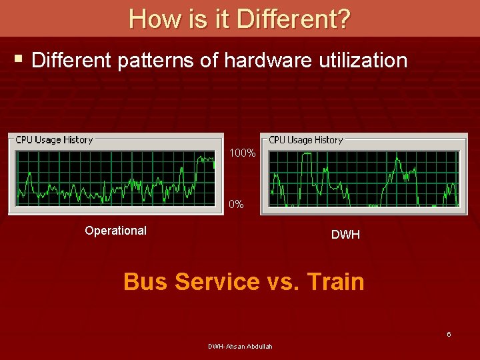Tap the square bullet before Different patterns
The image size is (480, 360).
click(x=19, y=61)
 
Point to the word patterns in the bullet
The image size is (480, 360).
click(x=159, y=61)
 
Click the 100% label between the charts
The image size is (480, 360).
click(x=242, y=153)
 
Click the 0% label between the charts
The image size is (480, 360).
click(x=236, y=205)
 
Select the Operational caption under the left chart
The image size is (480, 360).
click(x=116, y=231)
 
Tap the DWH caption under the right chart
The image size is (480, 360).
click(x=345, y=235)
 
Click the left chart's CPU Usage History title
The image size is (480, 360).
click(x=54, y=140)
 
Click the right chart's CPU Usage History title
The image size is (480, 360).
click(x=306, y=140)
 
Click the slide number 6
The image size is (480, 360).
click(x=449, y=334)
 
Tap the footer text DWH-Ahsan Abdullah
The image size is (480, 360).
click(x=240, y=346)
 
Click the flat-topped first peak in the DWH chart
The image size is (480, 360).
click(x=307, y=155)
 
